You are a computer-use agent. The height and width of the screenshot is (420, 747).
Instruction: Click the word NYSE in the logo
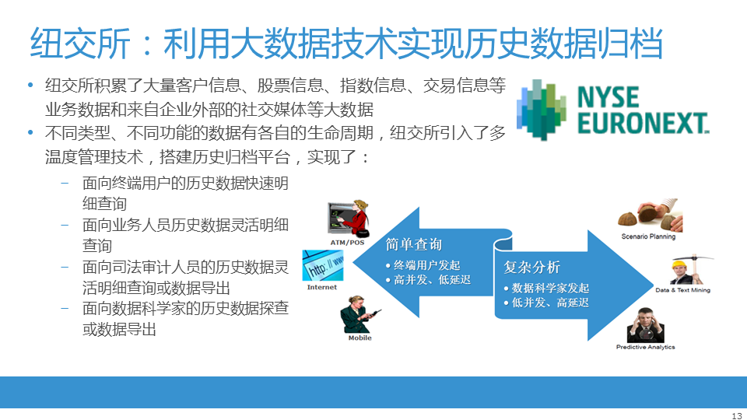(x=608, y=97)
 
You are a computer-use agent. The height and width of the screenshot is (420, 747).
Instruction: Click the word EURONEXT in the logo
(x=644, y=123)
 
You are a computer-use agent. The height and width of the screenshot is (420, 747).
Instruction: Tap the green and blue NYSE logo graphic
(x=542, y=110)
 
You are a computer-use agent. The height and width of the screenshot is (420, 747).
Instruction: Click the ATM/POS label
(x=347, y=243)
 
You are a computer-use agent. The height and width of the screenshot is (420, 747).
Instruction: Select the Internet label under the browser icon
(x=322, y=287)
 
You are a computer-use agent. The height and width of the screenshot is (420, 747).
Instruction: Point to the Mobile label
(x=359, y=338)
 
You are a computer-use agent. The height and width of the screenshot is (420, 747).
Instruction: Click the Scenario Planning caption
(x=648, y=236)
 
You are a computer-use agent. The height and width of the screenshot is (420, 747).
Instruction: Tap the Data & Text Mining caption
(x=682, y=290)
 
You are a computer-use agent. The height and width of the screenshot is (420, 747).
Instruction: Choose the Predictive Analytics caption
(x=646, y=347)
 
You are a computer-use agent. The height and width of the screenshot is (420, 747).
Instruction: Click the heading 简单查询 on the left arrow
(x=413, y=244)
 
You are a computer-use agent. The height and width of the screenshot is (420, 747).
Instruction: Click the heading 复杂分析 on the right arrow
(x=531, y=267)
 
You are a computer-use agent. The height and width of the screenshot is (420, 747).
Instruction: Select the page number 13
(x=737, y=415)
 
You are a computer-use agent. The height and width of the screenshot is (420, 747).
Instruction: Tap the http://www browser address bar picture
(x=323, y=265)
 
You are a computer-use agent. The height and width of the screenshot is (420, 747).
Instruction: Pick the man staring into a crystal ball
(x=646, y=325)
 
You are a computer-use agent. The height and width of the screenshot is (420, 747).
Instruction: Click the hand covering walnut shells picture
(x=651, y=215)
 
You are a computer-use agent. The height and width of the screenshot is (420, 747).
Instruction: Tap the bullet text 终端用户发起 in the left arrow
(x=426, y=265)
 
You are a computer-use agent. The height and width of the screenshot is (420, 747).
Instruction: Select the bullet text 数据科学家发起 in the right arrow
(x=550, y=288)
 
